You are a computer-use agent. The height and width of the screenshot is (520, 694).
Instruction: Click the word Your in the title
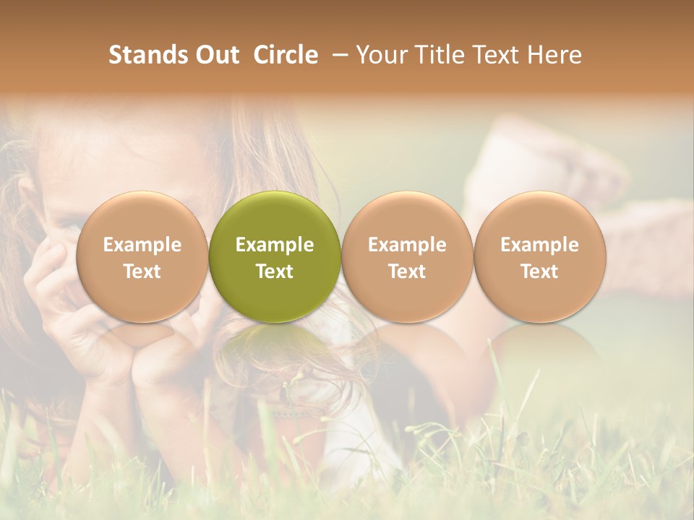[x=380, y=55]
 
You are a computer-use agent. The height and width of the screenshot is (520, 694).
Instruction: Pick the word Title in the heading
[x=438, y=55]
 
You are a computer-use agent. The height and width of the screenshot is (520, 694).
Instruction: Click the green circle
[x=275, y=217]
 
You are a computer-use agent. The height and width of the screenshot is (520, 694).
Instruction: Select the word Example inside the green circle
[x=275, y=245]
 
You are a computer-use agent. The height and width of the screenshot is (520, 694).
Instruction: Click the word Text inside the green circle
[x=275, y=272]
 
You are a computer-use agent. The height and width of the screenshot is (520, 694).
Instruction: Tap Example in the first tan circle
[x=142, y=245]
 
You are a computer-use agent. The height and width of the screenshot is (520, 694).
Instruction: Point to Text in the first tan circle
[x=142, y=272]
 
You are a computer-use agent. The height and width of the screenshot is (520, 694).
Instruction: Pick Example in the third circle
[x=407, y=245]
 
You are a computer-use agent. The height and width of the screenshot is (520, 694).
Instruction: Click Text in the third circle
[x=407, y=272]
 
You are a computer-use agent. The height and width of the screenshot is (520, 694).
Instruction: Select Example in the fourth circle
[x=539, y=245]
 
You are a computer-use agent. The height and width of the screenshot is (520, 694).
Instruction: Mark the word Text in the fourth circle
[x=539, y=272]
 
